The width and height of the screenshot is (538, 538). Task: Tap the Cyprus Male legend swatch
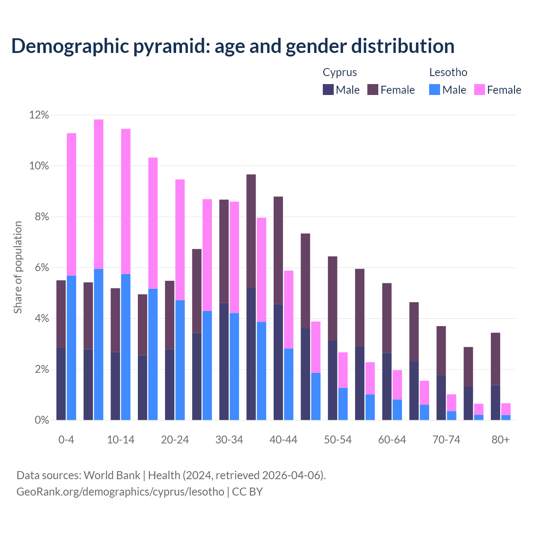click(328, 90)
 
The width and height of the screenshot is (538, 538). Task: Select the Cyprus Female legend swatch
click(373, 90)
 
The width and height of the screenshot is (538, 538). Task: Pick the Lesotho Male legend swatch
click(435, 90)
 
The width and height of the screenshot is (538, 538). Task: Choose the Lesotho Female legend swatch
click(479, 90)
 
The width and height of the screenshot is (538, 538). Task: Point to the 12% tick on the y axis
click(39, 115)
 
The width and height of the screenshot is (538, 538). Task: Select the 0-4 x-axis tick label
click(66, 440)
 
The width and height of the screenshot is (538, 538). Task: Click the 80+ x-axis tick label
click(500, 440)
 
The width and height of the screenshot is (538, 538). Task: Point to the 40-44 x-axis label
click(283, 440)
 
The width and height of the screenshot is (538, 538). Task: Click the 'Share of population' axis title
click(18, 267)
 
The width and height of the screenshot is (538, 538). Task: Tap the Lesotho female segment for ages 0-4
click(71, 204)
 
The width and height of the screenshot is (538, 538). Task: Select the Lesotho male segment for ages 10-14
click(126, 347)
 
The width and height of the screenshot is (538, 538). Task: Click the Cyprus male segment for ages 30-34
click(224, 361)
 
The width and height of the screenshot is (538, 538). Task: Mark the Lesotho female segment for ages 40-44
click(289, 309)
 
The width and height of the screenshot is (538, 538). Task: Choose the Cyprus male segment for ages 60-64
click(387, 386)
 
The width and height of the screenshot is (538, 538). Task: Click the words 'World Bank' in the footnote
click(112, 475)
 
